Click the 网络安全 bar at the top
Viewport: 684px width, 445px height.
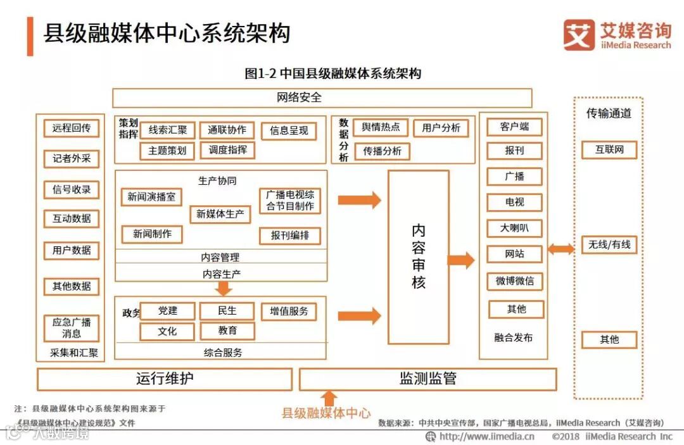pyautogui.click(x=322, y=98)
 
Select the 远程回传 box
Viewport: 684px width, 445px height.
pyautogui.click(x=71, y=128)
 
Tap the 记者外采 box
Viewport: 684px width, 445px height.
pyautogui.click(x=71, y=159)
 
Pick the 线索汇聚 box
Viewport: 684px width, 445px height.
pyautogui.click(x=168, y=131)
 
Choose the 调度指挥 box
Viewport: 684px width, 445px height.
pyautogui.click(x=227, y=150)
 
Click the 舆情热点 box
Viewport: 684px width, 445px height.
pyautogui.click(x=381, y=127)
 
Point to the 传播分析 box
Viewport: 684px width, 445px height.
pyautogui.click(x=382, y=151)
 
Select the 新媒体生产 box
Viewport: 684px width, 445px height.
pyautogui.click(x=220, y=214)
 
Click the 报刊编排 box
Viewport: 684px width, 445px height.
pyautogui.click(x=290, y=235)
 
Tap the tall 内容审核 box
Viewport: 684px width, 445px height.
pyautogui.click(x=418, y=256)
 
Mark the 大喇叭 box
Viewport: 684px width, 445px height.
pyautogui.click(x=514, y=228)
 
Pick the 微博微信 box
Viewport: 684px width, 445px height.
pyautogui.click(x=514, y=281)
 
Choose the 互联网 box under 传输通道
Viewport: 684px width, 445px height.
pyautogui.click(x=609, y=150)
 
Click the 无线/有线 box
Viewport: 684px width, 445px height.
pyautogui.click(x=609, y=244)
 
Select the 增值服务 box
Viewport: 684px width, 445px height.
pyautogui.click(x=289, y=311)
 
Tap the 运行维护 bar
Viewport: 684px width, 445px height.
pyautogui.click(x=165, y=379)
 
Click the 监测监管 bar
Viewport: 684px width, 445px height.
pyautogui.click(x=427, y=379)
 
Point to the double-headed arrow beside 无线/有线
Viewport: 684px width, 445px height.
pyautogui.click(x=561, y=249)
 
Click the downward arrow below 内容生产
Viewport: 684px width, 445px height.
pyautogui.click(x=223, y=289)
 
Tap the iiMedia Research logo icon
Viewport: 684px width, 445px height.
pyautogui.click(x=579, y=35)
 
